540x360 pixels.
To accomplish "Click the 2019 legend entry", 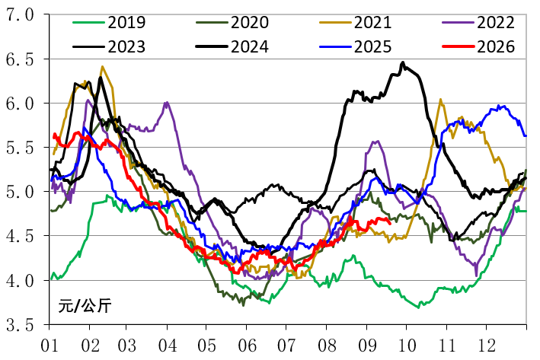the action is tap(126, 23).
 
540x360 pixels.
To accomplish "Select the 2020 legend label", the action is tap(250, 23).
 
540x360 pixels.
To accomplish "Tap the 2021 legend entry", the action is tap(372, 23).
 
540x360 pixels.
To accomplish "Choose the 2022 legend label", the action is tap(496, 23).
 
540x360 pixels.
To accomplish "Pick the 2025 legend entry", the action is tap(372, 46).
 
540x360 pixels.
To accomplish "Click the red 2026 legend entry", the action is tap(496, 46).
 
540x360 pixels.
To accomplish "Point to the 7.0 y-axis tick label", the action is tap(20, 15).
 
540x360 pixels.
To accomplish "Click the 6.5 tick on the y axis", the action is tap(20, 59).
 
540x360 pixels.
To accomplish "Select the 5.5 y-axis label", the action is tap(20, 148).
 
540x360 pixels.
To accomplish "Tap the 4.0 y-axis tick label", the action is tap(20, 281).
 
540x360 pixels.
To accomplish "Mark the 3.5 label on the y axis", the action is tap(20, 325).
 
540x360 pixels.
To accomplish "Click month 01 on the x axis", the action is tap(50, 346).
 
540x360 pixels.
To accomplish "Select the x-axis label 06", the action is tap(248, 346).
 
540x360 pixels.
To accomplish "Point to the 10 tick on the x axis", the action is tap(407, 346).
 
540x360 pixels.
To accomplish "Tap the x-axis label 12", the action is tap(487, 346).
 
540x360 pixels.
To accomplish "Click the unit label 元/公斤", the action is tap(85, 306).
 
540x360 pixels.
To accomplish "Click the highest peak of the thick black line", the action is tap(403, 63).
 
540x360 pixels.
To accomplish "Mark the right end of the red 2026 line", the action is tap(390, 224).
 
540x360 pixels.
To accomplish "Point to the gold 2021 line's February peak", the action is tap(102, 67).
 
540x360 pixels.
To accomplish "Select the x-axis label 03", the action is tap(127, 346).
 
